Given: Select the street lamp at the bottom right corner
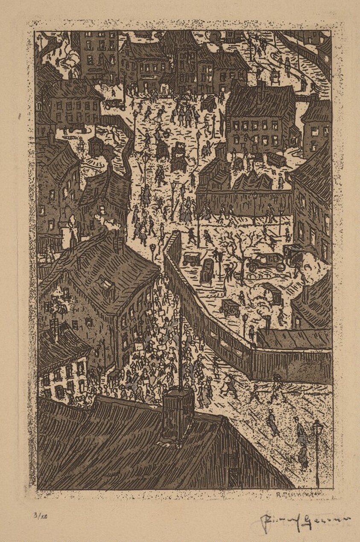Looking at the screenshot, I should (x=317, y=448).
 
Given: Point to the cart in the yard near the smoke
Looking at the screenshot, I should (x=231, y=307).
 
